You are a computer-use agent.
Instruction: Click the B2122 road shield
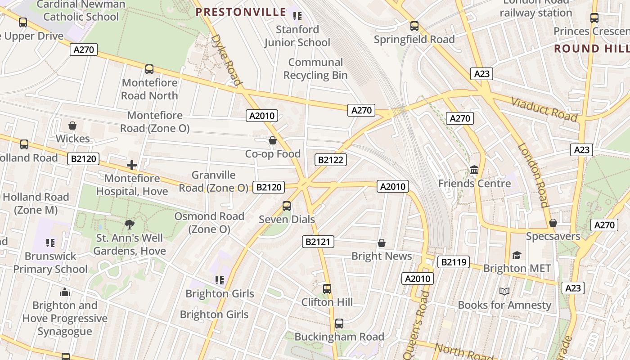tap(331, 160)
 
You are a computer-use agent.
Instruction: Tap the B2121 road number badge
tap(318, 242)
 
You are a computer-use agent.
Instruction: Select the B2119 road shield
tap(454, 262)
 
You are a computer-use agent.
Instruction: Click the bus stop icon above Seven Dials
tap(287, 206)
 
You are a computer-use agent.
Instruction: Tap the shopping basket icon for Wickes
tap(72, 126)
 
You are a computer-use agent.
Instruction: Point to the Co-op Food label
tap(273, 154)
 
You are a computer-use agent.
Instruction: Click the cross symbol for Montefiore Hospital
tap(132, 165)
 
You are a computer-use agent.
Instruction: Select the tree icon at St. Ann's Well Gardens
tap(130, 225)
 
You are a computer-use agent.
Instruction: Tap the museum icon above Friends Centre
tap(474, 170)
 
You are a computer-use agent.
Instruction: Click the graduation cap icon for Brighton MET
tap(517, 255)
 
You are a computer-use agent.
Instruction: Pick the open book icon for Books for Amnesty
tap(504, 292)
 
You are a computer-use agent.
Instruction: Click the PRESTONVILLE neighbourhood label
tap(241, 12)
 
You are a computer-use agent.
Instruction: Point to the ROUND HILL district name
tap(591, 49)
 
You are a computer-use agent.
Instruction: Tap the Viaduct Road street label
tap(544, 109)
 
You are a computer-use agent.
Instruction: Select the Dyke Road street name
tap(227, 60)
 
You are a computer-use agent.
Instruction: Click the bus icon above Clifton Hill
tap(327, 288)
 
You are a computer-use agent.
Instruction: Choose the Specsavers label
tap(553, 236)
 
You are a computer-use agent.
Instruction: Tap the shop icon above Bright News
tap(382, 243)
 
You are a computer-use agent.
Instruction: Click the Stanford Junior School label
tap(297, 36)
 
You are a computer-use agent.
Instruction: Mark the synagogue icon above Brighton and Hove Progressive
tap(65, 292)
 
